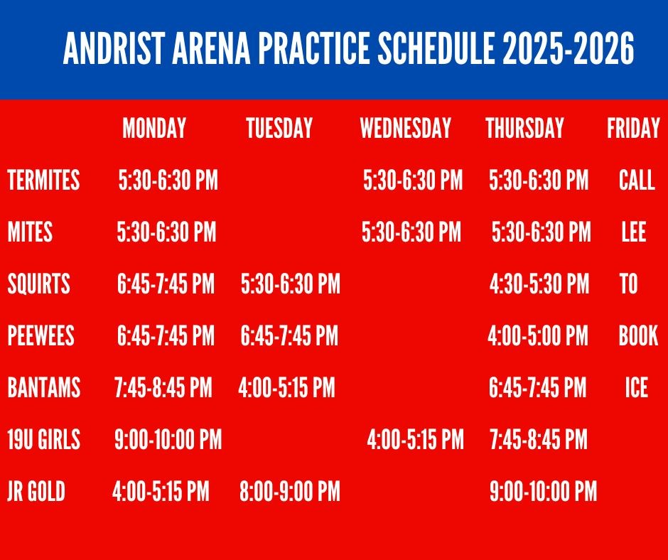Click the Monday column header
point(154,128)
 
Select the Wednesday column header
point(406,128)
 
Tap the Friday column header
point(633,128)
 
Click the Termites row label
point(43,179)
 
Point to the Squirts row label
point(39,284)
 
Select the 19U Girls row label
point(44,439)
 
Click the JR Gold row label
point(36,491)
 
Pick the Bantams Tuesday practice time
point(286,387)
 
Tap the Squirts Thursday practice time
point(539,284)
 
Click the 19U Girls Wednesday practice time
point(416,439)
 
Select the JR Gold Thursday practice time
point(544,491)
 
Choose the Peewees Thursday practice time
point(538,335)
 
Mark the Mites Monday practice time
point(166,232)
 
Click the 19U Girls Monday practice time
point(168,439)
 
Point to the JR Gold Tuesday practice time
point(290,491)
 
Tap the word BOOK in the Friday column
point(638,335)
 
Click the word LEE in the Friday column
point(634,232)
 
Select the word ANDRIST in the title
point(114,48)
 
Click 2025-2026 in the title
point(569,48)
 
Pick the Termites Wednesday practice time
point(413,179)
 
